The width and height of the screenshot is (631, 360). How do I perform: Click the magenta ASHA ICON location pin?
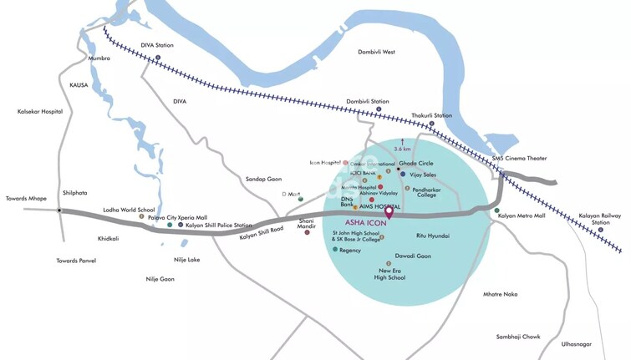388,204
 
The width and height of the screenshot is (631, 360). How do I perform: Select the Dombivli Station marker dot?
379,109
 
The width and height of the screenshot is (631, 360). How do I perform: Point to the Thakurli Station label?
431,115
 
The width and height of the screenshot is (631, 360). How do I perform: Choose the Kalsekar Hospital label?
40,111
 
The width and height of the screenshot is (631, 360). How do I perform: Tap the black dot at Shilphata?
59,210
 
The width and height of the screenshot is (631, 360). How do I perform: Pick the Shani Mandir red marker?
307,231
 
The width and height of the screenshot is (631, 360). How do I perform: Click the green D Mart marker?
301,199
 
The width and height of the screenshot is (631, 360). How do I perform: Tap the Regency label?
350,250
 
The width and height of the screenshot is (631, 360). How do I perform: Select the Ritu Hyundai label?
432,236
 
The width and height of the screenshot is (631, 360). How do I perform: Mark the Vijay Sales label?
424,175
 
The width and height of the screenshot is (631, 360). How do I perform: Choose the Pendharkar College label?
426,191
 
